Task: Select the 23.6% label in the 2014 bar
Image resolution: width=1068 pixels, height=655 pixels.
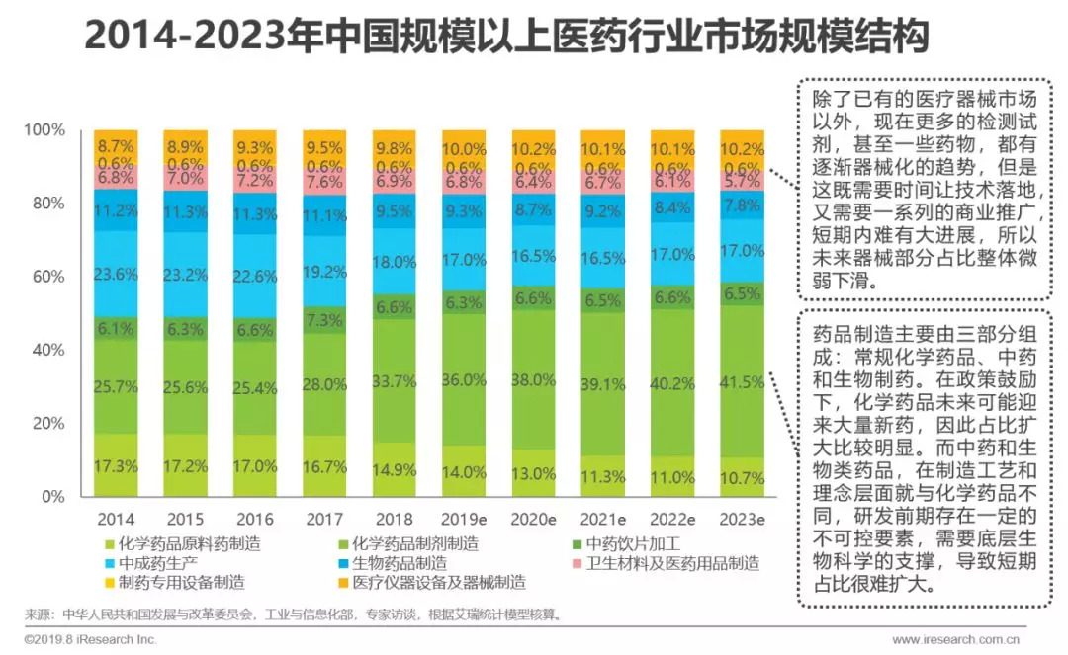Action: point(117,274)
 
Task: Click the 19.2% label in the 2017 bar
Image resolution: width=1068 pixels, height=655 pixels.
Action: point(325,271)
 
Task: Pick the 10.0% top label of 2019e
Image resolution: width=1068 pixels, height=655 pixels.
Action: point(464,149)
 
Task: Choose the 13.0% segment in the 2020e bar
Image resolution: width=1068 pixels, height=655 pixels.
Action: point(534,472)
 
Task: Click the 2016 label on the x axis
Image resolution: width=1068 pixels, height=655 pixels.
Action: point(256,519)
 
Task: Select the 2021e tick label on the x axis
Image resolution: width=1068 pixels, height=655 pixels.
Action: point(603,519)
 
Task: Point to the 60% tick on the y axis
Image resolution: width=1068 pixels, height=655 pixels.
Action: point(44,277)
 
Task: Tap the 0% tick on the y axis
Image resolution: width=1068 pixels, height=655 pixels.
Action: point(51,497)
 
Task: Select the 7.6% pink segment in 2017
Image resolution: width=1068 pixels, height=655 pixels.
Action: point(325,182)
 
